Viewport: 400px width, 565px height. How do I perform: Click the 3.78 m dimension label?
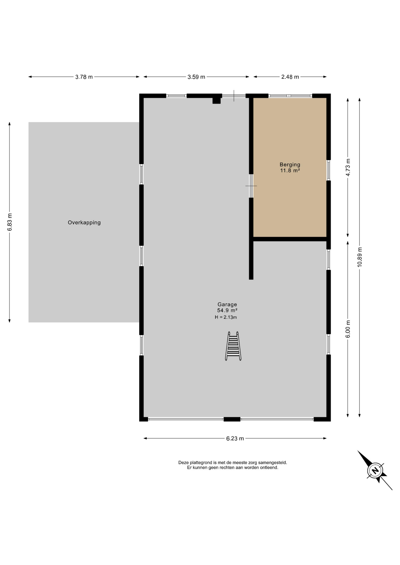84,77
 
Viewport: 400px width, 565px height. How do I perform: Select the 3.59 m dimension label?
196,77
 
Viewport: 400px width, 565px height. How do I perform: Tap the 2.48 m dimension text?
290,77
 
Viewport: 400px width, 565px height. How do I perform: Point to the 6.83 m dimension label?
10,222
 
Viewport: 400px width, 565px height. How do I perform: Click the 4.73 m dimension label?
348,167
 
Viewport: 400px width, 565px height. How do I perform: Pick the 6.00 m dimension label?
348,329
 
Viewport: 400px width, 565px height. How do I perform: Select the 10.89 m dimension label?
360,257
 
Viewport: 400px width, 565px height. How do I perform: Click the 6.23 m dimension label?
235,438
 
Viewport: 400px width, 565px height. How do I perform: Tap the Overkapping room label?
84,223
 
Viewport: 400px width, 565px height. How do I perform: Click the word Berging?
290,165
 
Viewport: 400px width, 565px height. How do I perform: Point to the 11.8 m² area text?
290,170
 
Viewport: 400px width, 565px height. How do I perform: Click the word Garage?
227,305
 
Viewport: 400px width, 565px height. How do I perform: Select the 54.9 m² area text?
227,310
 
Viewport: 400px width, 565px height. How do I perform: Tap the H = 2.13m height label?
226,317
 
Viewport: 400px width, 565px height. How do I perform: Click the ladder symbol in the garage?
233,346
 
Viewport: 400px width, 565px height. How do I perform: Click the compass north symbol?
375,471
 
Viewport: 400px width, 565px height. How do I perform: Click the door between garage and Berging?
251,186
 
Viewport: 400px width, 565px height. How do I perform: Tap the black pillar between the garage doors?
232,419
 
